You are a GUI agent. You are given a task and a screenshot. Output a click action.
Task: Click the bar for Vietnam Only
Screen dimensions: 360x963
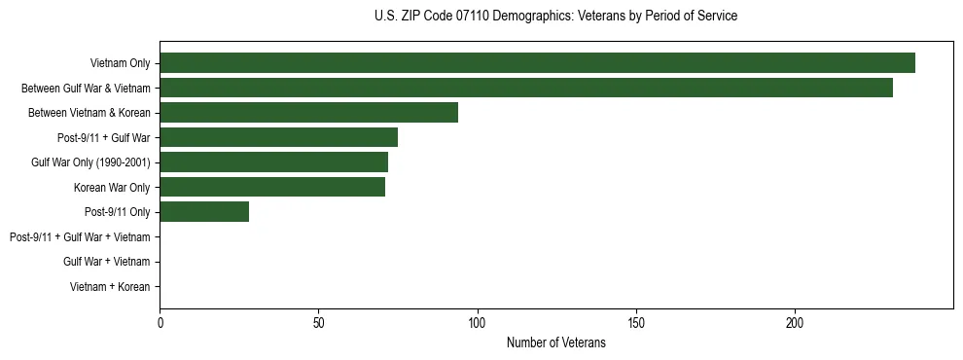point(537,63)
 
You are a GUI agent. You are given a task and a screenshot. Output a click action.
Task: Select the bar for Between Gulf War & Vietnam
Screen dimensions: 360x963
point(526,88)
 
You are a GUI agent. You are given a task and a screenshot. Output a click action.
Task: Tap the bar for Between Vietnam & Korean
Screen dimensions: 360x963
point(308,112)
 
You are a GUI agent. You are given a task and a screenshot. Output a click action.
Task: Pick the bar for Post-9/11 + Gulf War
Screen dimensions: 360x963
point(278,137)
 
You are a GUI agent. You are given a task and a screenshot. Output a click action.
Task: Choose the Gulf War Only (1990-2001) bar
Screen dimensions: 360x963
point(273,162)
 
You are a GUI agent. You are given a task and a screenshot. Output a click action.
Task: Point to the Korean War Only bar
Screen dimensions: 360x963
point(272,187)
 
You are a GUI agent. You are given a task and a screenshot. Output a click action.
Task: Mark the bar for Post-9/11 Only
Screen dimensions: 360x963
point(204,211)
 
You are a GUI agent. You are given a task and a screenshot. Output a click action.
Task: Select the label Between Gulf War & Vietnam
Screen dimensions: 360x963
point(86,88)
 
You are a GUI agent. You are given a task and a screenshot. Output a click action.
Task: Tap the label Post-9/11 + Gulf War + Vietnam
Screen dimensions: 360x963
point(80,236)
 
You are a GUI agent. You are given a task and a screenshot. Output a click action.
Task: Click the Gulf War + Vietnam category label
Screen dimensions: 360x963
point(106,261)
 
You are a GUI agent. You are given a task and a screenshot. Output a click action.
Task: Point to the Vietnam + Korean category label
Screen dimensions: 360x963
point(110,286)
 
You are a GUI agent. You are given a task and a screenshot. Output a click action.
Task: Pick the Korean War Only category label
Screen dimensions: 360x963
point(112,187)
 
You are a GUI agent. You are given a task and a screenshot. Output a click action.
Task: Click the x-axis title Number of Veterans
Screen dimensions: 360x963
point(555,342)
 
